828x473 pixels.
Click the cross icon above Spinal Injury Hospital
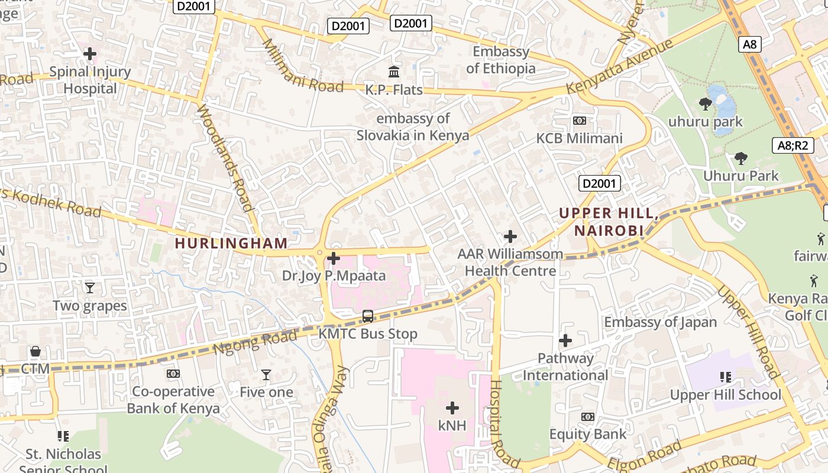90,54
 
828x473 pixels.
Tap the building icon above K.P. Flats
394,72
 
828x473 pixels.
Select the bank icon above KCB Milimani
580,121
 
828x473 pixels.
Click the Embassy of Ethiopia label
500,60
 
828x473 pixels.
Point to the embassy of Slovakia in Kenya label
413,127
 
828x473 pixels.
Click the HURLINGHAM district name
231,243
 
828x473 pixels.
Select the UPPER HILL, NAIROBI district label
609,222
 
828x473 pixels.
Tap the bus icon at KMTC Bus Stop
368,316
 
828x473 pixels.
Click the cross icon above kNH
452,408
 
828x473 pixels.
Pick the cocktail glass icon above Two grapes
89,288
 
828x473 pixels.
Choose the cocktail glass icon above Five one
266,375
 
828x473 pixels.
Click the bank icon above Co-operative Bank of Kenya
173,374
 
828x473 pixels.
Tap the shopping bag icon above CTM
35,352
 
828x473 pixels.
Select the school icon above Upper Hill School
726,377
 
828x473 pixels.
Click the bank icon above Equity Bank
587,417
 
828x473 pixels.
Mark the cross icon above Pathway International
565,341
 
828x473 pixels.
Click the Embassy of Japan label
660,322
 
